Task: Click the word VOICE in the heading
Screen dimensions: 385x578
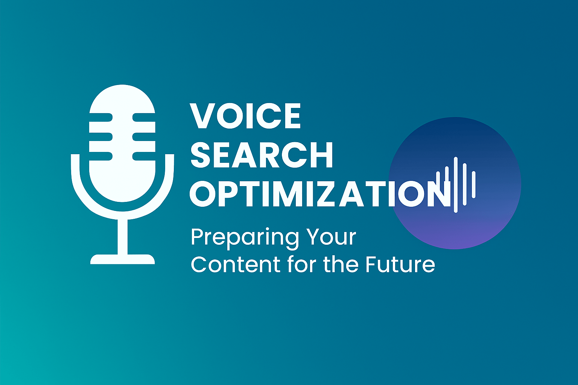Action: point(246,116)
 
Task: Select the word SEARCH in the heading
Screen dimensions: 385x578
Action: point(262,155)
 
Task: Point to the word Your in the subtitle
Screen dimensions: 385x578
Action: point(331,237)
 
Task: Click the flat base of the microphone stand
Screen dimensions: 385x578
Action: point(123,259)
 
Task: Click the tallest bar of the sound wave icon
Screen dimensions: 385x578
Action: point(456,185)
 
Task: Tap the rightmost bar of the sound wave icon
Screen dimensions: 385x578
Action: point(474,185)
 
